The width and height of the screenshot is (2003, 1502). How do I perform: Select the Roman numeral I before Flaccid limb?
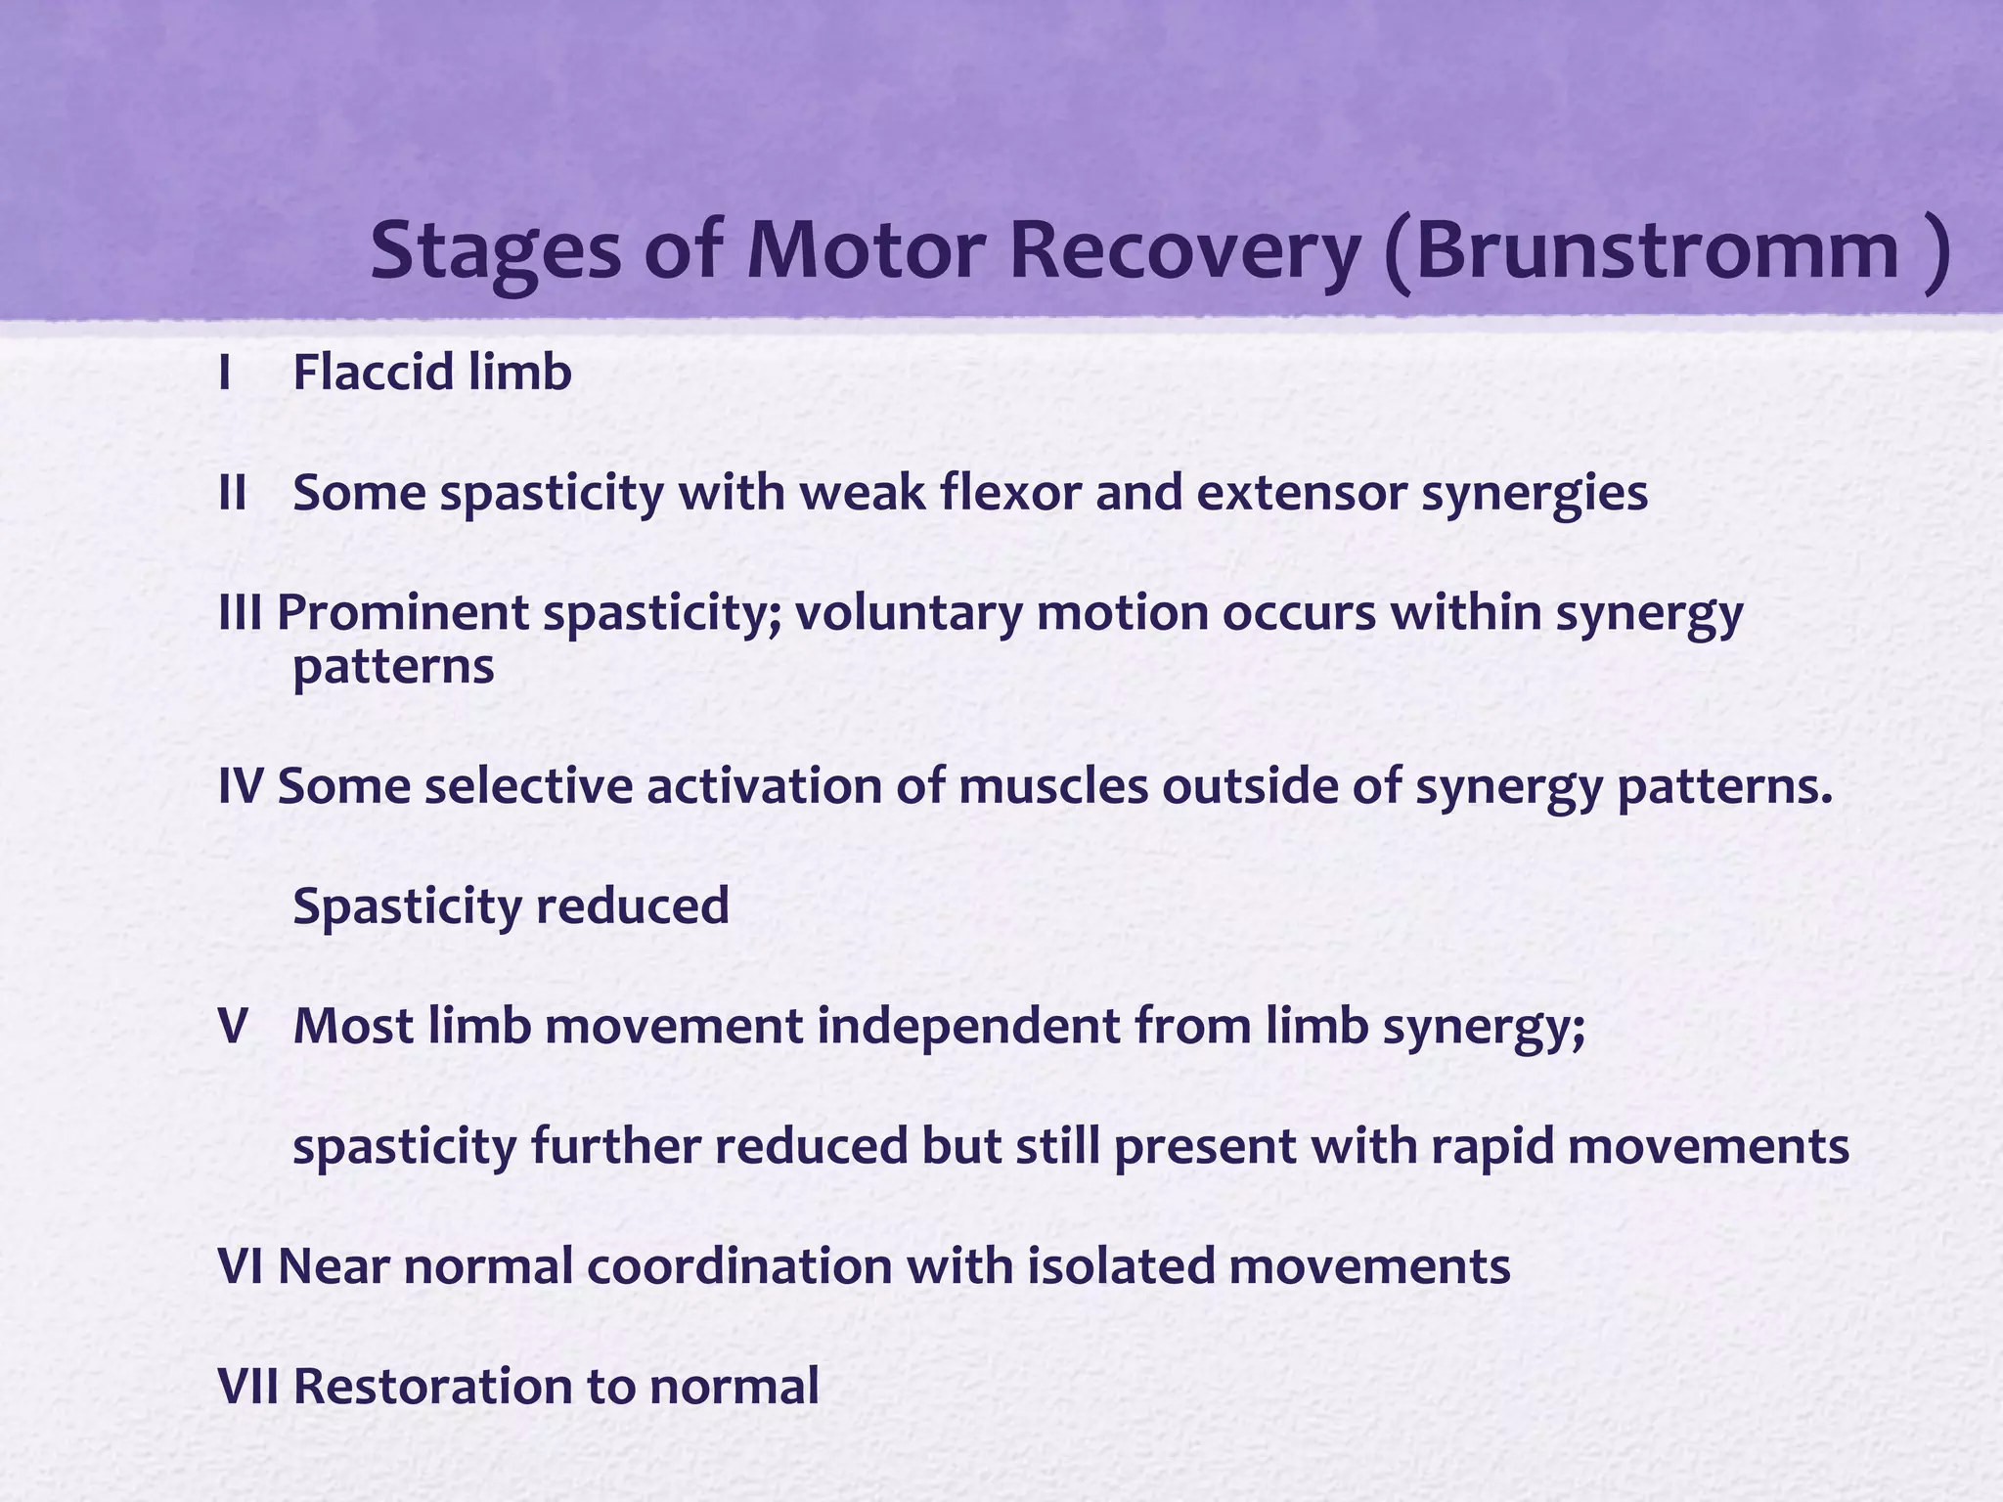pos(226,374)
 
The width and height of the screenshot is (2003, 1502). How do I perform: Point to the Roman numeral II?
pos(233,494)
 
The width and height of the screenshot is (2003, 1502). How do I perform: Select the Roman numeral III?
pos(240,614)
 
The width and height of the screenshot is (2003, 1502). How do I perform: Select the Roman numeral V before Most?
pos(233,1027)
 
